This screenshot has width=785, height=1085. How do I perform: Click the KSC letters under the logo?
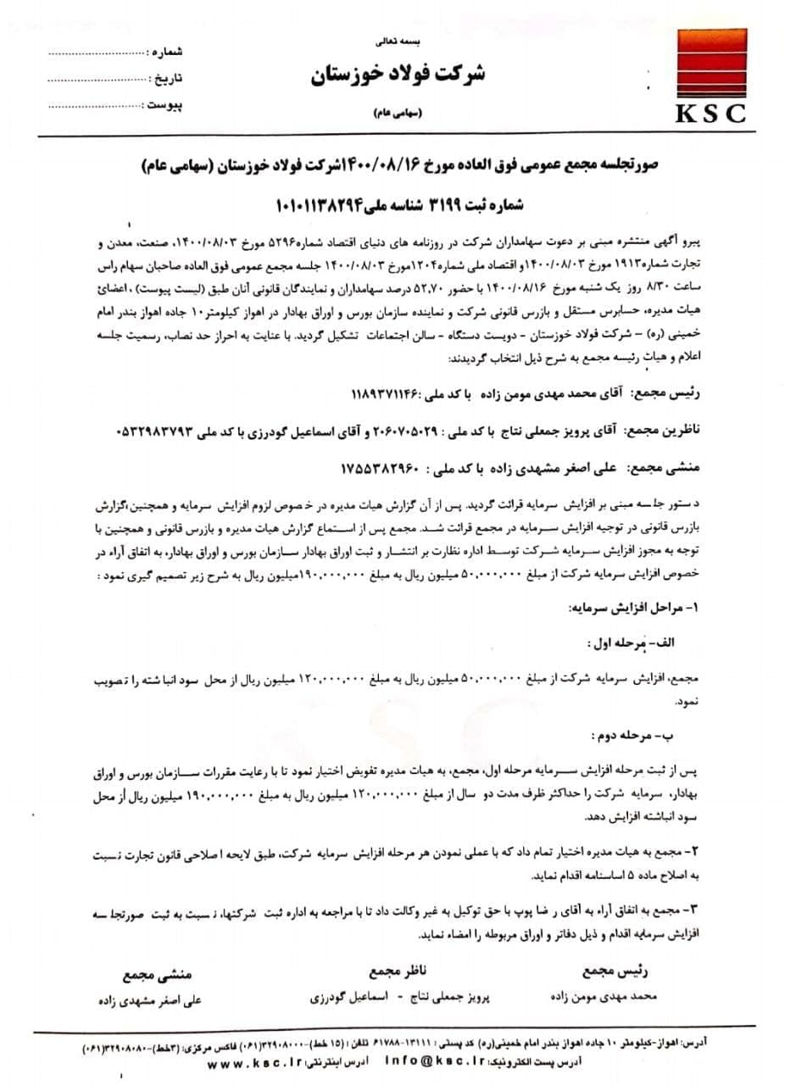point(710,113)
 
